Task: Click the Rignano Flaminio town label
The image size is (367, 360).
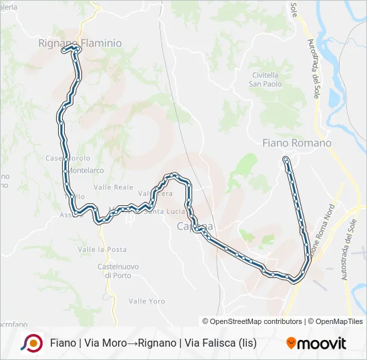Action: tap(80, 43)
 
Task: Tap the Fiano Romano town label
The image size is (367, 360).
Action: tap(297, 143)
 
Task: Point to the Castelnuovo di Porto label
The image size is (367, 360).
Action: tap(118, 271)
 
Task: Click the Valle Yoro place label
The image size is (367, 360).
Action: tap(147, 301)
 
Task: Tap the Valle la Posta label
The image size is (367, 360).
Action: tap(102, 249)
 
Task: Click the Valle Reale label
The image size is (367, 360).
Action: tap(115, 188)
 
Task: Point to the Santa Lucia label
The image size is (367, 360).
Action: tap(162, 213)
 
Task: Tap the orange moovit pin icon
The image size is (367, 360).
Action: tap(291, 343)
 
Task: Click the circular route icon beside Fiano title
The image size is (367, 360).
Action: tap(31, 343)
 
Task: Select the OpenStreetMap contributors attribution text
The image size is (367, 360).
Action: tap(252, 321)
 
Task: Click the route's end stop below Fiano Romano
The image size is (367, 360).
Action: tap(286, 159)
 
